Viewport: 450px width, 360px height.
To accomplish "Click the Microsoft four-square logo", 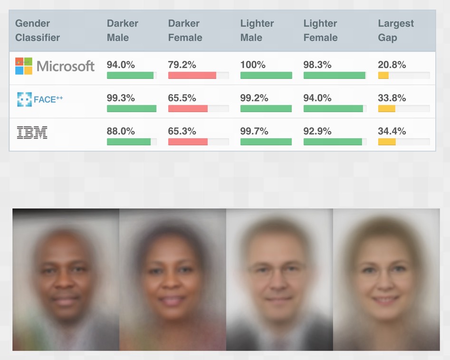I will tap(24, 66).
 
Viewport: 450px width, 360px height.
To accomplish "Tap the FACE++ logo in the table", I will tap(40, 99).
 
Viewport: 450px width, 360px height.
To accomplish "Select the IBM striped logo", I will tap(32, 132).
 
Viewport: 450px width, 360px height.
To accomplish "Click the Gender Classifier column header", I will tap(38, 30).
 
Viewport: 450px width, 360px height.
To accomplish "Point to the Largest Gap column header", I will tap(395, 30).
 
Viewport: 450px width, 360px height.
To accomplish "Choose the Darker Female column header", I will tap(185, 30).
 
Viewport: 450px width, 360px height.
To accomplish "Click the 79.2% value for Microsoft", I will tap(182, 65).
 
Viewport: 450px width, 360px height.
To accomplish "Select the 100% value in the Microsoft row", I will tap(253, 65).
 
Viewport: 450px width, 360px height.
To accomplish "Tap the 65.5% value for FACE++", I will tap(182, 98).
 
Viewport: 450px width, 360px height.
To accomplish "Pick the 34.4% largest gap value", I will tap(392, 131).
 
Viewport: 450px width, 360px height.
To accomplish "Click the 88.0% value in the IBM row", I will tap(121, 131).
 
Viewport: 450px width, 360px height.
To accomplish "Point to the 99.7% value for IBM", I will tap(254, 131).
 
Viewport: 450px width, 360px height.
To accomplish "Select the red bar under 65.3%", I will tap(188, 142).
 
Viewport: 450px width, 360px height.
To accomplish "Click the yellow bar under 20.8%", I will tap(383, 75).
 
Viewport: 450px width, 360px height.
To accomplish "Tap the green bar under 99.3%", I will tap(132, 108).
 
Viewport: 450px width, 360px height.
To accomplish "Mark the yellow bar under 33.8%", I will tap(386, 108).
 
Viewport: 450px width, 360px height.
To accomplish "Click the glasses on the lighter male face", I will tap(278, 271).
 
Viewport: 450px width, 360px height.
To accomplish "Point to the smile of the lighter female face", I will tap(385, 300).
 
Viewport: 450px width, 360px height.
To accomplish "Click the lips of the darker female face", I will tap(172, 301).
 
